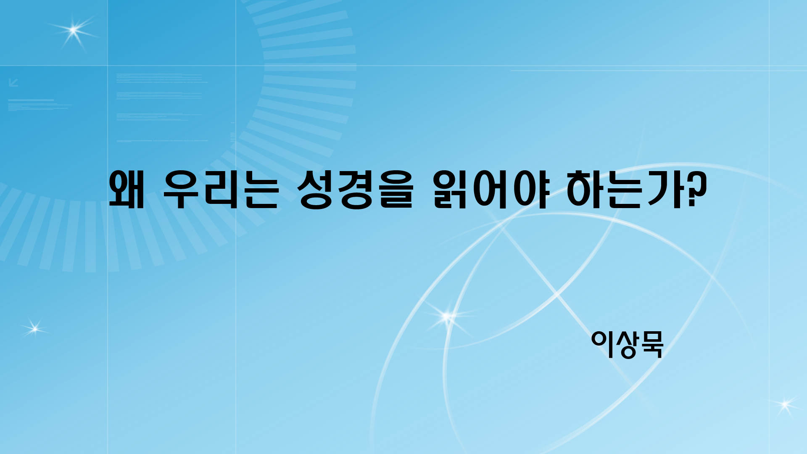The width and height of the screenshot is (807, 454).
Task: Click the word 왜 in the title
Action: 127,190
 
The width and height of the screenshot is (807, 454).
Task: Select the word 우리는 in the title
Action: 221,190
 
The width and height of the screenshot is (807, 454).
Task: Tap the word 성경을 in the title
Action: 356,190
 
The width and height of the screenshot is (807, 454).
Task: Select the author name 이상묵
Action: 627,344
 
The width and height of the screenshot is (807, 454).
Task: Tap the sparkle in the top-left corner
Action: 74,30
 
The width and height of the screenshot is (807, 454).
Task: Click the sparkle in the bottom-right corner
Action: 784,404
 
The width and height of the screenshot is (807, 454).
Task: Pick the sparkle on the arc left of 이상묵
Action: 447,316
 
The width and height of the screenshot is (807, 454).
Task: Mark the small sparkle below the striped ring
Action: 34,329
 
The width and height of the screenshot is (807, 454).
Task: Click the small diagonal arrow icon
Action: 13,82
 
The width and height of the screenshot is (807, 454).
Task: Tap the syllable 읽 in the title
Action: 451,190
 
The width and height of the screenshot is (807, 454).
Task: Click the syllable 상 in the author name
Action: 628,344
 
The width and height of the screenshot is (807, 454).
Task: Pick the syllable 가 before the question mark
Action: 668,190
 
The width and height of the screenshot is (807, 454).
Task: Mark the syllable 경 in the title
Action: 356,190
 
